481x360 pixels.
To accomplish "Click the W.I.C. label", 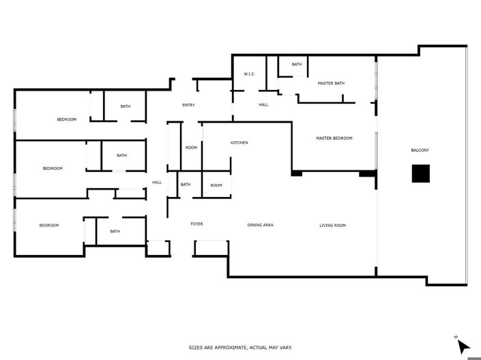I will [x=249, y=74].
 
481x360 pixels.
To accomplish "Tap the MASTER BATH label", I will [x=331, y=83].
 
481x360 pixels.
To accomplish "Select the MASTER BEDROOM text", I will [x=334, y=138].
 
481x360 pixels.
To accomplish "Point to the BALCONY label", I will [x=420, y=150].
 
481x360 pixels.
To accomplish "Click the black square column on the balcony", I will [x=420, y=174].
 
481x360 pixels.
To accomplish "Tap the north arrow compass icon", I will [x=463, y=346].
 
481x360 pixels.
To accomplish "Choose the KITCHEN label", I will [x=239, y=142].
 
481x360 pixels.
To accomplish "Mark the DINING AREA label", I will [x=260, y=225].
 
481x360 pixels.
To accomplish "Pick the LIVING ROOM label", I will [x=332, y=225].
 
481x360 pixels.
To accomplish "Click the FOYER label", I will [x=196, y=224].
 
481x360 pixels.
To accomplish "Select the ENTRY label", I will [x=188, y=105].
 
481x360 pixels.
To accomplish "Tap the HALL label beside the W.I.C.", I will [x=263, y=105].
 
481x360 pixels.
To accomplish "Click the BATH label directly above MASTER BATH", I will [x=297, y=65].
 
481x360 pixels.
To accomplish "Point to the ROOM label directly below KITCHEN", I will [x=216, y=185].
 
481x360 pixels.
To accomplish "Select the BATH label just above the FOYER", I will [x=186, y=185].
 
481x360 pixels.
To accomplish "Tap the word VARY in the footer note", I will [x=285, y=348].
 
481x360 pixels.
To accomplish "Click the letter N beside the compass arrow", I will [x=455, y=336].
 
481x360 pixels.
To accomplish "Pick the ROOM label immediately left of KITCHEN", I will [x=191, y=147].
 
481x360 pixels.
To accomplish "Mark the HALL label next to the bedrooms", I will [x=156, y=182].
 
